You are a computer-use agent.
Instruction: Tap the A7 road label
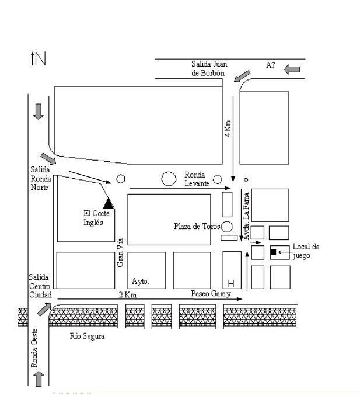270,65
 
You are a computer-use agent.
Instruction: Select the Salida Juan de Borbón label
209,68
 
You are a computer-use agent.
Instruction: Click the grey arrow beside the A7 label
292,70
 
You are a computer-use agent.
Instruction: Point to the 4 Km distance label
228,129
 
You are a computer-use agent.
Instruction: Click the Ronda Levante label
197,179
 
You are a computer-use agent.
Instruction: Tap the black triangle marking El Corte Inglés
109,203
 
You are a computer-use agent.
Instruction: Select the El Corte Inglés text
96,218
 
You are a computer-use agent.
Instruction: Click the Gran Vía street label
120,252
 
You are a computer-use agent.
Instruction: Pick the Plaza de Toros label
197,227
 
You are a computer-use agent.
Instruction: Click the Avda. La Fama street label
247,216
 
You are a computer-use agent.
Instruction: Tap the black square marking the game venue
273,252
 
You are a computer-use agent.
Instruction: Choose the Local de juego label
306,251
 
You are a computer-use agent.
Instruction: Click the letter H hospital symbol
231,283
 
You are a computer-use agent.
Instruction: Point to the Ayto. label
141,281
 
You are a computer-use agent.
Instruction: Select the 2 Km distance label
128,295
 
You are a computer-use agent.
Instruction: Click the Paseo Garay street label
211,294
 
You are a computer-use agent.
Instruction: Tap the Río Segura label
87,336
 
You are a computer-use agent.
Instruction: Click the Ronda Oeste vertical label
34,348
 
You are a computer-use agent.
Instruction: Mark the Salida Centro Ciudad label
40,286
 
